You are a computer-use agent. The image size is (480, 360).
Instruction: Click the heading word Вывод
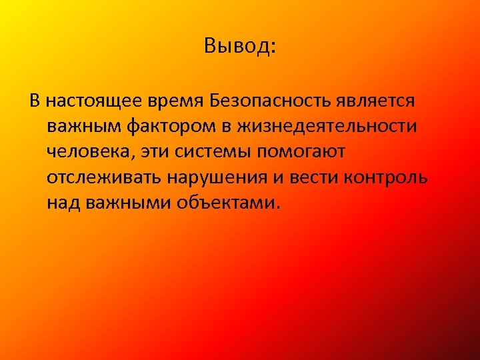[237, 46]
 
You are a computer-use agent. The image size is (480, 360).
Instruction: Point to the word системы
[207, 152]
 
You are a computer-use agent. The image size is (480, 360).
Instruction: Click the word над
[62, 203]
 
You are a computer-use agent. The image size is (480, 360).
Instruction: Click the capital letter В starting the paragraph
[35, 101]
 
